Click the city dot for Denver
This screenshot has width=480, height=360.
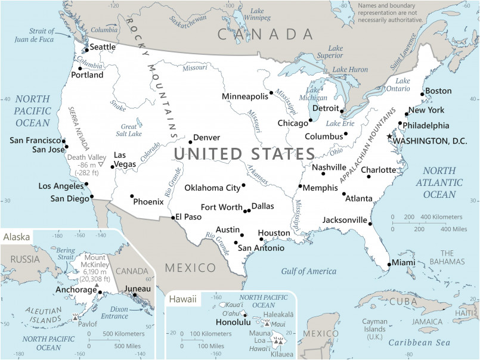coord(190,142)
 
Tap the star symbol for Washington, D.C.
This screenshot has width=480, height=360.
coord(389,136)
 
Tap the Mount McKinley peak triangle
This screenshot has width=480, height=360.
coord(97,287)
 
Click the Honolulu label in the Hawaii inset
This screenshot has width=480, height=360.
coord(231,322)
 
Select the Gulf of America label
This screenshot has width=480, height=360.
coord(309,271)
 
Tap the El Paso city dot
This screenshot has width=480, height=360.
coord(173,218)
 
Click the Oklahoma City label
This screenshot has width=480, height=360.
coord(212,188)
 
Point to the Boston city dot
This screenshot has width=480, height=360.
coord(423,94)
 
